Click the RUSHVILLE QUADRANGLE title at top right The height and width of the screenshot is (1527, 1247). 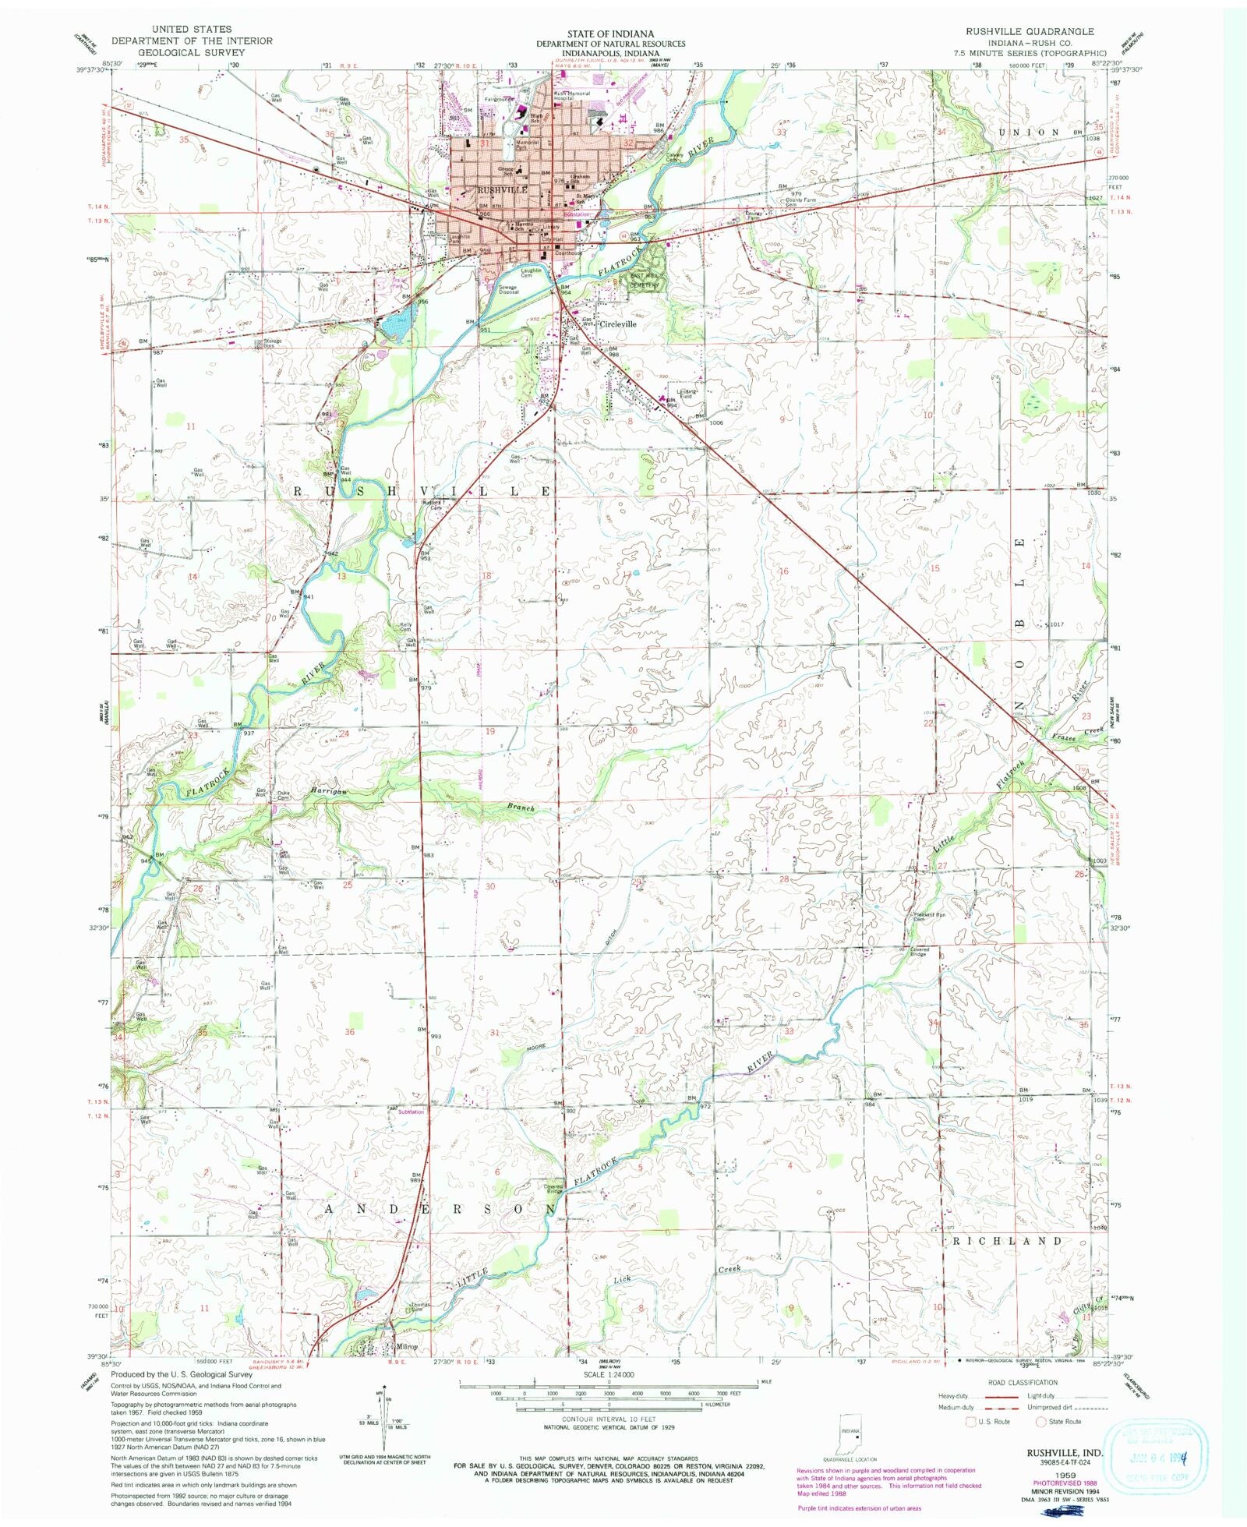[x=1030, y=31]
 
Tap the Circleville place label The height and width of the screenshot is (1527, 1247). [x=617, y=323]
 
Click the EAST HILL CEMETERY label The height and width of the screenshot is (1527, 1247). [x=645, y=281]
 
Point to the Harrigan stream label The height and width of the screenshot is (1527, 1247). [x=327, y=791]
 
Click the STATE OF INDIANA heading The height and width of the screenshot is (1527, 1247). [x=610, y=34]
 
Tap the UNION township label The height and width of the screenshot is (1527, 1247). [x=1029, y=133]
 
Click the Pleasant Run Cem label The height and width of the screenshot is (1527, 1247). [x=929, y=917]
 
